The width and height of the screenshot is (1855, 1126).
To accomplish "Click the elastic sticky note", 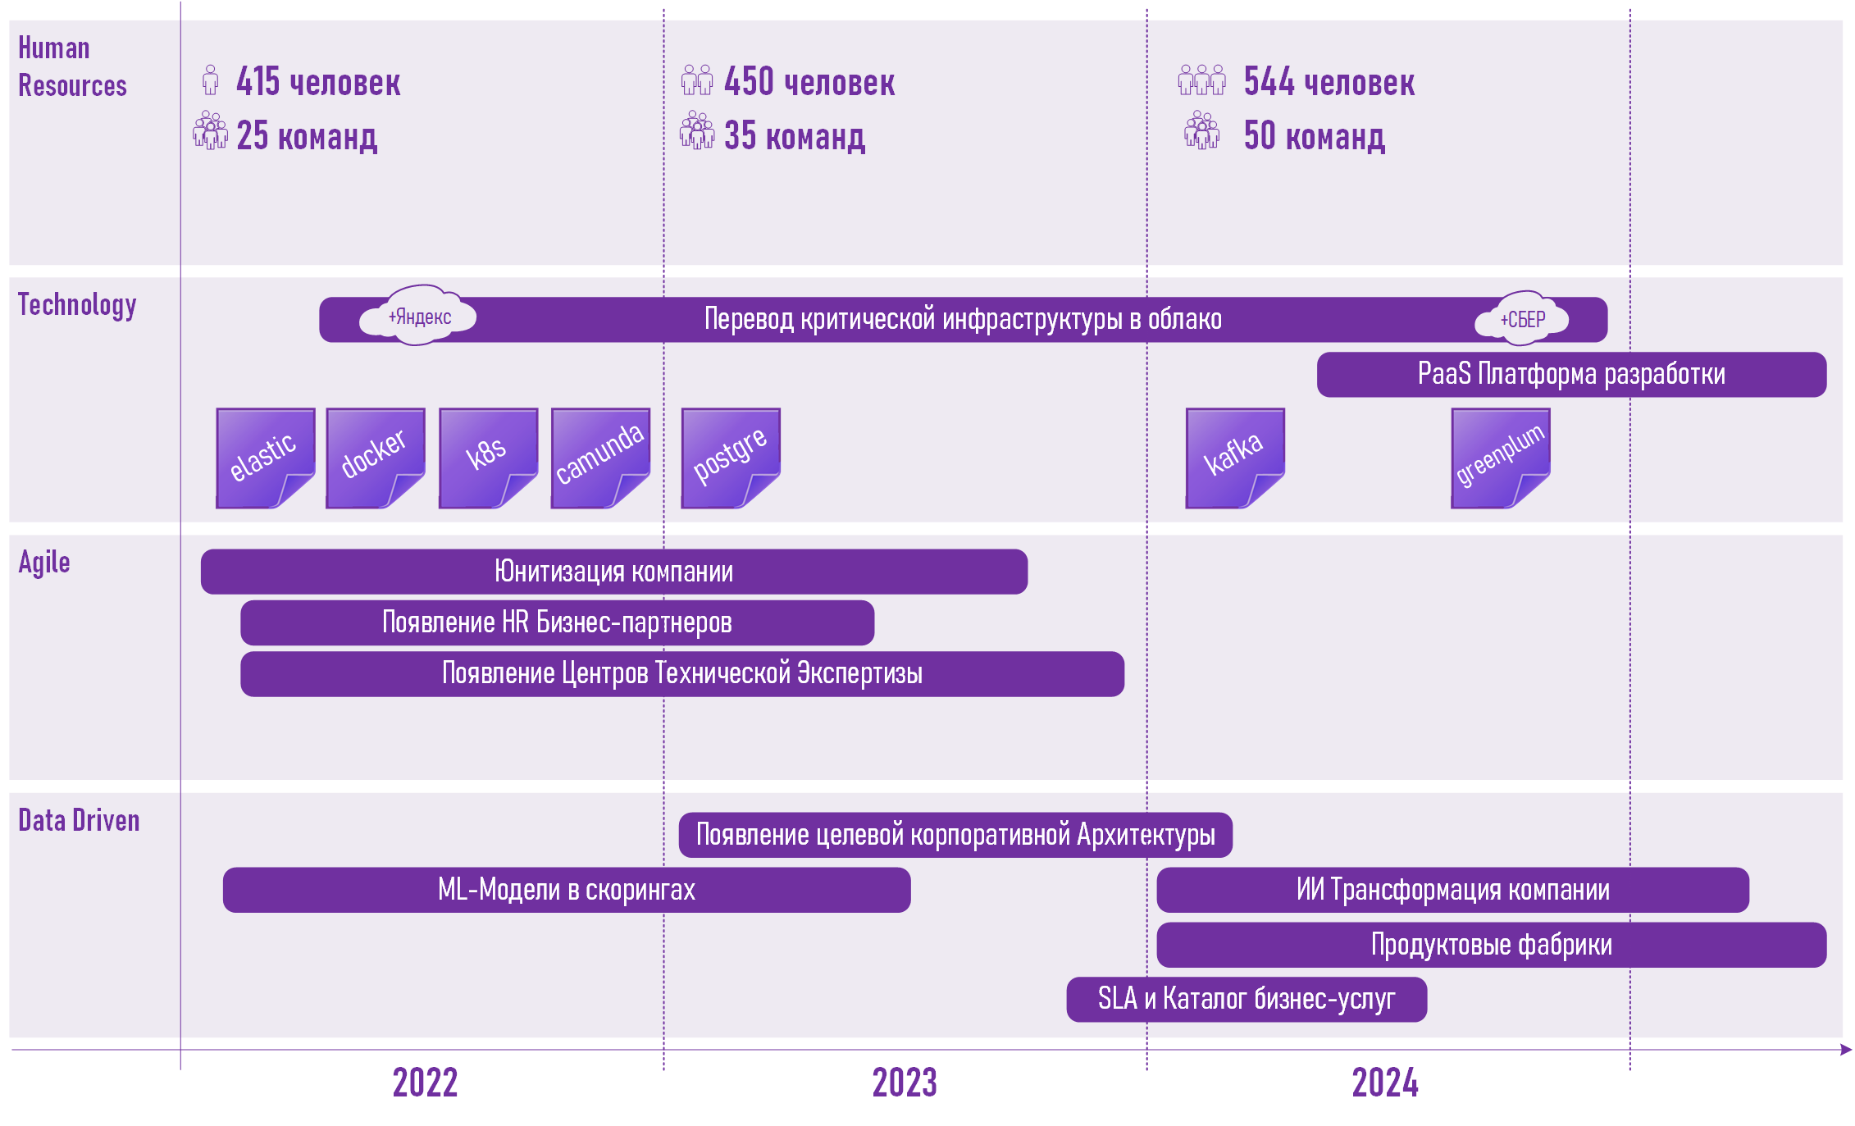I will [x=265, y=458].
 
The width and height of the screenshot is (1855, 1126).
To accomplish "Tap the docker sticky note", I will [x=375, y=458].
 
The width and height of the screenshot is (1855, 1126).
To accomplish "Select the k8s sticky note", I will [x=488, y=458].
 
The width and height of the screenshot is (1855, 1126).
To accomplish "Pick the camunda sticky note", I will [x=600, y=458].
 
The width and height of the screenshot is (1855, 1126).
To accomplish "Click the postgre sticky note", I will [x=730, y=458].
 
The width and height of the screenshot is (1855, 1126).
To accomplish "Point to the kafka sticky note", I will [x=1234, y=458].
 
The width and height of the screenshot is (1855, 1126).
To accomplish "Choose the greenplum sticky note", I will [x=1500, y=458].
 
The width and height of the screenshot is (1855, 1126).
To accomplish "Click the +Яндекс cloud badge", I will [x=419, y=317].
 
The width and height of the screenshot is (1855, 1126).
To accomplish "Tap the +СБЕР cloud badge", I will [x=1522, y=319].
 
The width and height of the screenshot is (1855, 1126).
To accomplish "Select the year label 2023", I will [x=905, y=1083].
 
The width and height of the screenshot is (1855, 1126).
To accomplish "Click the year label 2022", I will [x=425, y=1083].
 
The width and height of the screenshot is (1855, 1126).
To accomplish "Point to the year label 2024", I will [x=1385, y=1083].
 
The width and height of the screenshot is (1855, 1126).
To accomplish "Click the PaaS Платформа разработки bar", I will [x=1570, y=375].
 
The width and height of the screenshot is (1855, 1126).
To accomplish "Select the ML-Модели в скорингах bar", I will [x=566, y=890].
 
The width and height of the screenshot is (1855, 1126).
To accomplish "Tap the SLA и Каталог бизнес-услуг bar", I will [x=1246, y=999].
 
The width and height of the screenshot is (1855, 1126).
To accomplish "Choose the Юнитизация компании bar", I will [x=613, y=572].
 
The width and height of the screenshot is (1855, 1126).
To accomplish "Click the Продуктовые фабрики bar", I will [x=1491, y=945].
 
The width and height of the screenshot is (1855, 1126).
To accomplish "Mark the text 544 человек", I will [x=1329, y=82].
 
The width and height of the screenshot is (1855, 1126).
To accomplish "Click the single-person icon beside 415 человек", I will [x=211, y=80].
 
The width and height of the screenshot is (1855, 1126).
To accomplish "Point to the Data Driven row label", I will [x=79, y=820].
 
